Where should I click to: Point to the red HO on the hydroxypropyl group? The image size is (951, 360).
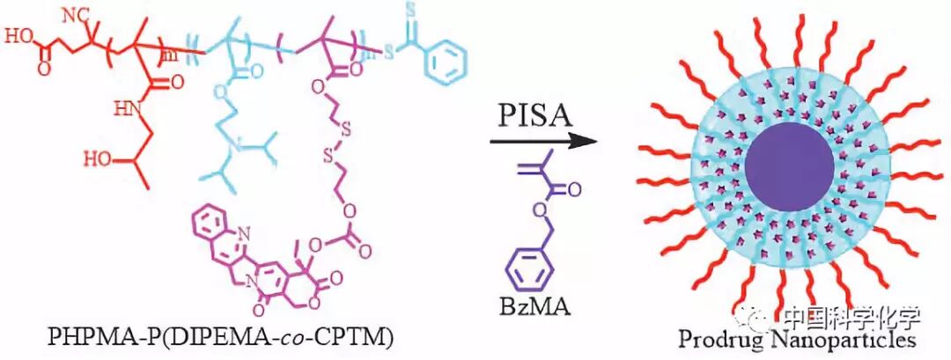click(96, 159)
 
